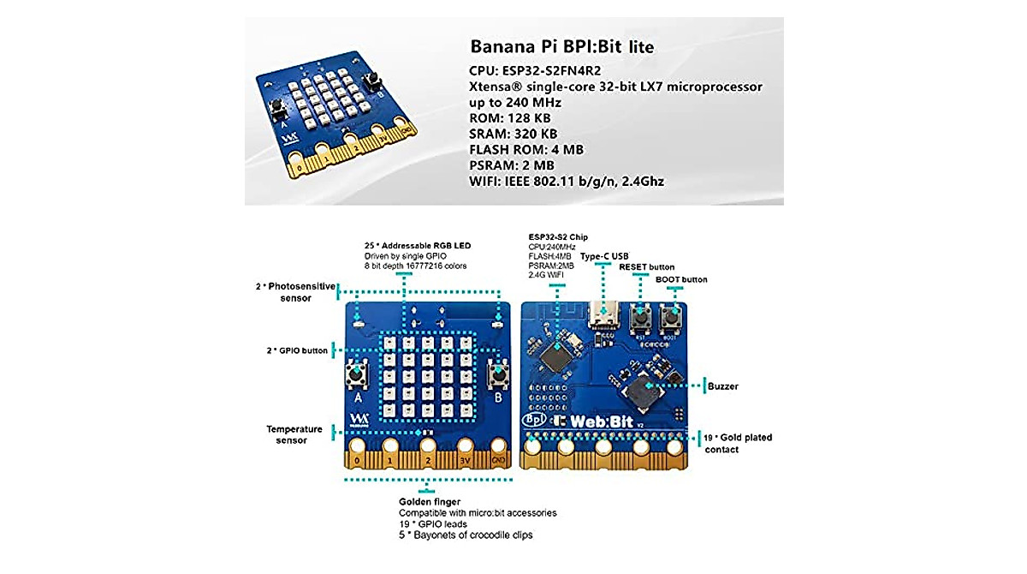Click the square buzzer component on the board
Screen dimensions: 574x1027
coord(642,396)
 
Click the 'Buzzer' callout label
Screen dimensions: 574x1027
coord(723,386)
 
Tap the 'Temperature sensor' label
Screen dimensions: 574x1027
coord(294,434)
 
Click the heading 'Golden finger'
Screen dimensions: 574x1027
coord(430,501)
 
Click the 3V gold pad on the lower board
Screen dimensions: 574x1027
coord(466,446)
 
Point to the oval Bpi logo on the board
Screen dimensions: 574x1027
coord(533,421)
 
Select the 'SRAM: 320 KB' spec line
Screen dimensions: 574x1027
coord(513,134)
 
